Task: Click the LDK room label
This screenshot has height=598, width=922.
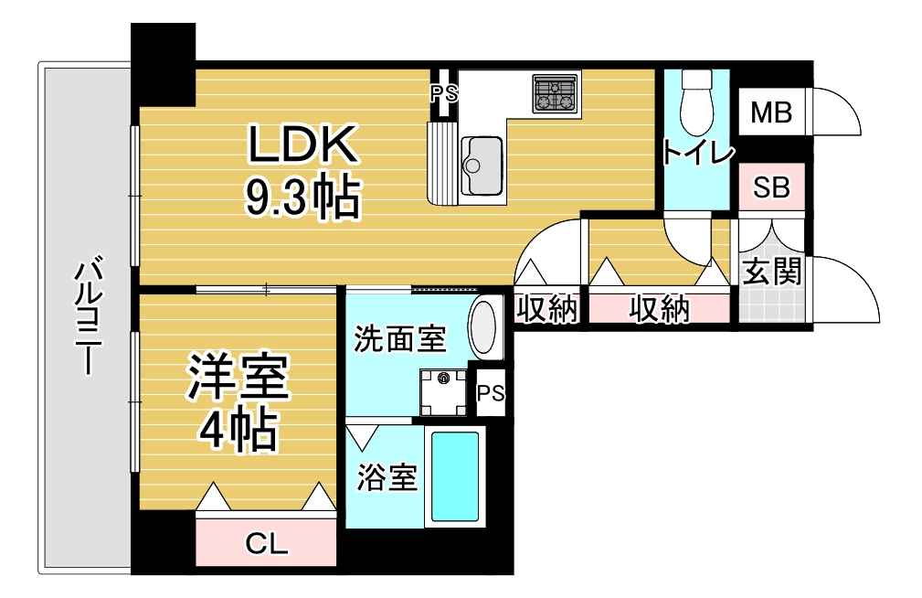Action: [302, 144]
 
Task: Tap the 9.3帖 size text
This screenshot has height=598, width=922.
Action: [302, 197]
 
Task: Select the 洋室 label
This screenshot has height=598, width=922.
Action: [238, 377]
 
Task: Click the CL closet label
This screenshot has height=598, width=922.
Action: [267, 544]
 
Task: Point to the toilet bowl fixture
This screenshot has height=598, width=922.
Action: [697, 103]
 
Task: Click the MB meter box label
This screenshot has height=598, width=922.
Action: [771, 112]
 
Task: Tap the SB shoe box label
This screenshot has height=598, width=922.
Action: [771, 187]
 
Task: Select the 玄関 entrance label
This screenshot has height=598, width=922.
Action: [771, 272]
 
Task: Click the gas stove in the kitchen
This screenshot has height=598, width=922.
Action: [555, 93]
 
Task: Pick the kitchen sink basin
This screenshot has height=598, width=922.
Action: [482, 166]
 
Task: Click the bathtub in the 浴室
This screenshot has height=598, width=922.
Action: [455, 476]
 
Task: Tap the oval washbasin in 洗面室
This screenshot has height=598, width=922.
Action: [484, 328]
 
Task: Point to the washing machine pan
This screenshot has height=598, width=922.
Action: [443, 392]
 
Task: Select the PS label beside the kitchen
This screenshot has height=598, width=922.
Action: [443, 93]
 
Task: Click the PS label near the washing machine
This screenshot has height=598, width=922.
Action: [491, 392]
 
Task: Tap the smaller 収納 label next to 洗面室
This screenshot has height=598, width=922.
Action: [546, 309]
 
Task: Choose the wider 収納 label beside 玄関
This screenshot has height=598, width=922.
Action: [659, 309]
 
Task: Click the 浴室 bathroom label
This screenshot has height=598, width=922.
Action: [387, 477]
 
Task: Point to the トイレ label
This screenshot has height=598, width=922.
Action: [698, 153]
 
